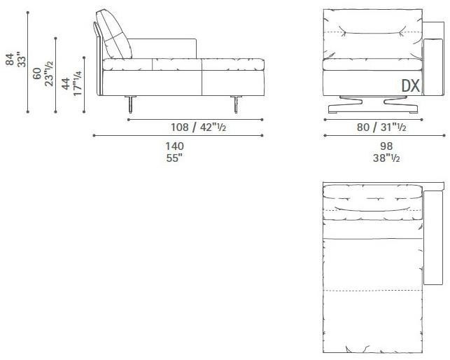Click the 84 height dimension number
9,62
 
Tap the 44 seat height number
66,84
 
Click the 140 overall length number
174,146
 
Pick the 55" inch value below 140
174,158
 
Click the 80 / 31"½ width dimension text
372,127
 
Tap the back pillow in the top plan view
372,199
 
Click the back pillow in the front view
372,27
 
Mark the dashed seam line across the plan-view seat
372,289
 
